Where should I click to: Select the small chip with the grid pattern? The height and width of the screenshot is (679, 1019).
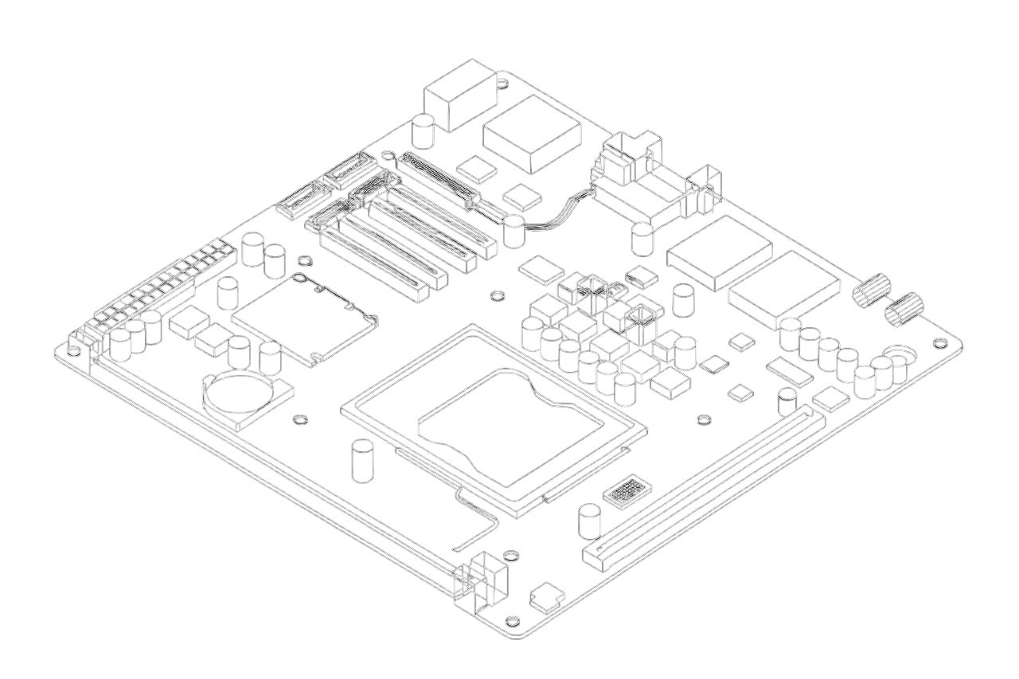627,492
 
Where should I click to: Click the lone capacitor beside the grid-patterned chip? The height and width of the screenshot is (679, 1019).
589,521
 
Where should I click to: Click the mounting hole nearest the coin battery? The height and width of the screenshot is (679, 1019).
300,419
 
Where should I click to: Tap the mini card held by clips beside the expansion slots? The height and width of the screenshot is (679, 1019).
305,319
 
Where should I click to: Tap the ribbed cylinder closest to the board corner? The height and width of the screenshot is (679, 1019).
904,309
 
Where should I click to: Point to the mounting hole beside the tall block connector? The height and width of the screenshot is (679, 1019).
503,81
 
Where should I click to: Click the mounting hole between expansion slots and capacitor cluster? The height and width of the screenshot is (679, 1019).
497,296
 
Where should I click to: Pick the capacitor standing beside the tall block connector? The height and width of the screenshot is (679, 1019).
423,131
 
